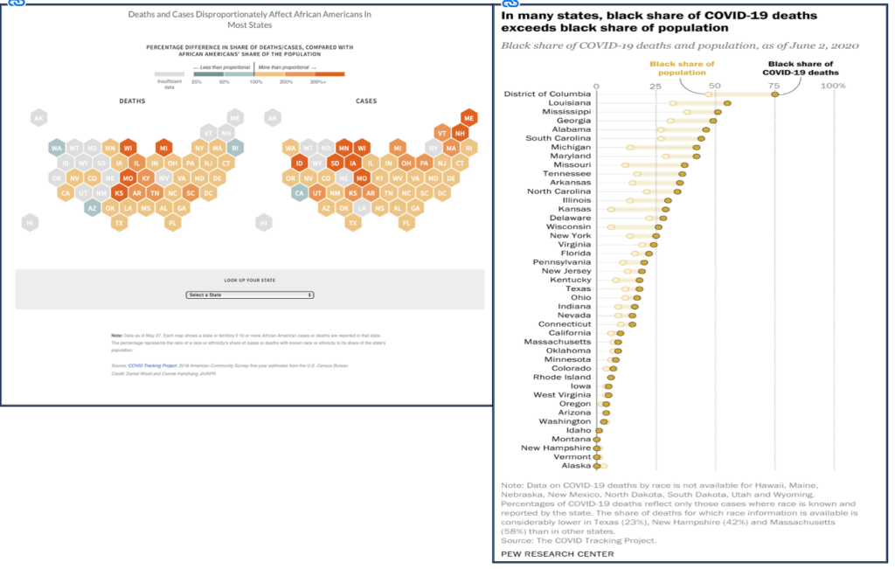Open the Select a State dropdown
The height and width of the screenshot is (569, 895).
pyautogui.click(x=249, y=295)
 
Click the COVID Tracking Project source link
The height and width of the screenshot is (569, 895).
pyautogui.click(x=149, y=365)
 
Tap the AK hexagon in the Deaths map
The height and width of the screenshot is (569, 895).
pyautogui.click(x=38, y=118)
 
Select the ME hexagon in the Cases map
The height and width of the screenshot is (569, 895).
pyautogui.click(x=468, y=118)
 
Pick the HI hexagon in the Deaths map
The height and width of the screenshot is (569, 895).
pyautogui.click(x=30, y=224)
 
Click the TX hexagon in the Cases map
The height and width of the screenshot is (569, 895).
pyautogui.click(x=352, y=224)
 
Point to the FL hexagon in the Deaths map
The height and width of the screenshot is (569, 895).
pyautogui.click(x=173, y=224)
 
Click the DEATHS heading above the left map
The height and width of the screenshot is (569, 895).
pyautogui.click(x=133, y=101)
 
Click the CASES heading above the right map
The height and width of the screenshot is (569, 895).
pyautogui.click(x=366, y=101)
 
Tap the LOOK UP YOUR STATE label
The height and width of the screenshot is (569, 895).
pyautogui.click(x=249, y=280)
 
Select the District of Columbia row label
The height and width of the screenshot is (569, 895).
pyautogui.click(x=548, y=94)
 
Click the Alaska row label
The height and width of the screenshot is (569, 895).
pyautogui.click(x=576, y=466)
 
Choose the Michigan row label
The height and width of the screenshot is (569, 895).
pyautogui.click(x=571, y=147)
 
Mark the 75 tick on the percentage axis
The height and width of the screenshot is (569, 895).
pyautogui.click(x=774, y=86)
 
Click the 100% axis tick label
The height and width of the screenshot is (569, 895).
pyautogui.click(x=833, y=86)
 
